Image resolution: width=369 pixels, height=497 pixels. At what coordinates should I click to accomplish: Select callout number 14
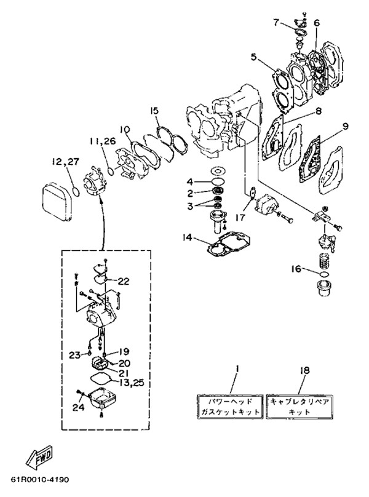click(x=188, y=237)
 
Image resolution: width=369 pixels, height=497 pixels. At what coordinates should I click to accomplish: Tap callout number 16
click(x=296, y=269)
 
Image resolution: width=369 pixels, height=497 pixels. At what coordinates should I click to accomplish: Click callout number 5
click(x=253, y=57)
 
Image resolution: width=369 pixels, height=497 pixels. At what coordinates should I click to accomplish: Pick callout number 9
click(x=345, y=126)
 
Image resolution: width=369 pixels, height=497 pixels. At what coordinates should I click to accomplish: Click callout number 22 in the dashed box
click(x=124, y=281)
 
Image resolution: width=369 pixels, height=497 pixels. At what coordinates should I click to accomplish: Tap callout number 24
click(x=78, y=407)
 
